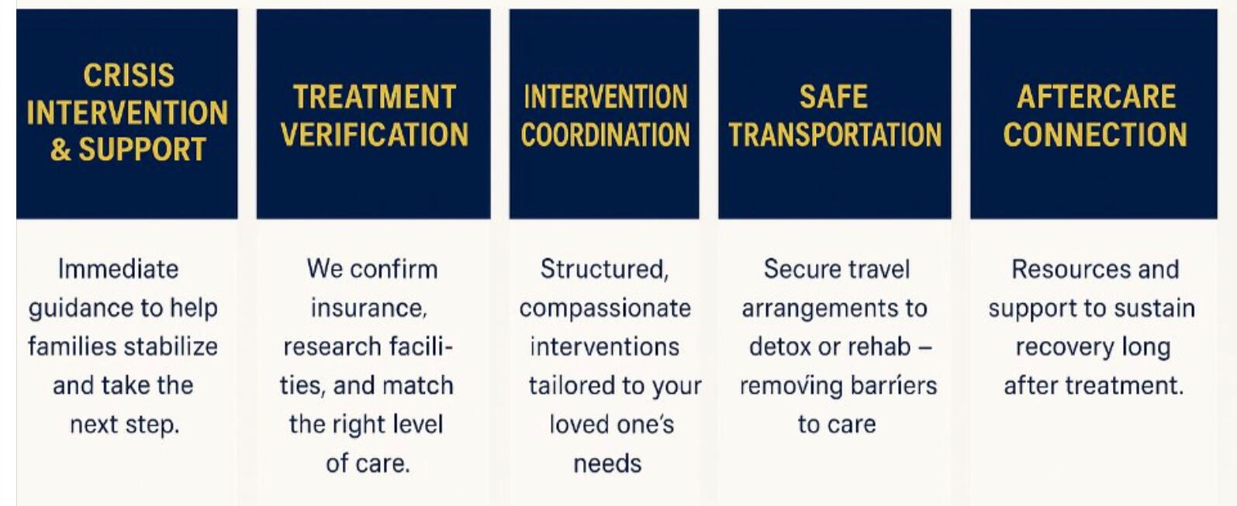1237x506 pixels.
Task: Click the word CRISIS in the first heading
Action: point(129,76)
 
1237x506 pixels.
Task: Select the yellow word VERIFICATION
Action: point(375,135)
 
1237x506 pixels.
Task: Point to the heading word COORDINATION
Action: point(605,135)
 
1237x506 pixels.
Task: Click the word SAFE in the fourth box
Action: point(833,97)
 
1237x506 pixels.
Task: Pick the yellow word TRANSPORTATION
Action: point(835,135)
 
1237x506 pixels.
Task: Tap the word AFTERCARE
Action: point(1096,97)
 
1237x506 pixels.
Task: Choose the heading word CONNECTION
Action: point(1095,135)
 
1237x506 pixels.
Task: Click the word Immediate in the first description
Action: point(118,270)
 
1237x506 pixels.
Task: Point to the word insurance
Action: point(369,308)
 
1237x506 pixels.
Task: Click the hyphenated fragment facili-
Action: point(421,347)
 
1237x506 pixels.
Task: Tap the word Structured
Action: point(605,270)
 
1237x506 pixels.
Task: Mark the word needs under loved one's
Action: point(607,464)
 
